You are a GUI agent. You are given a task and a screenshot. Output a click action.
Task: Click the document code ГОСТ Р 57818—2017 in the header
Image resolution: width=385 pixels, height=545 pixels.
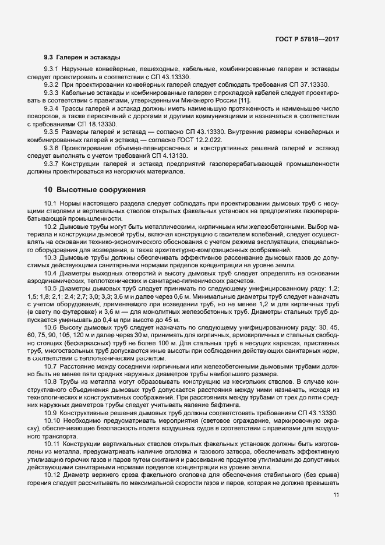tap(308, 38)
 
